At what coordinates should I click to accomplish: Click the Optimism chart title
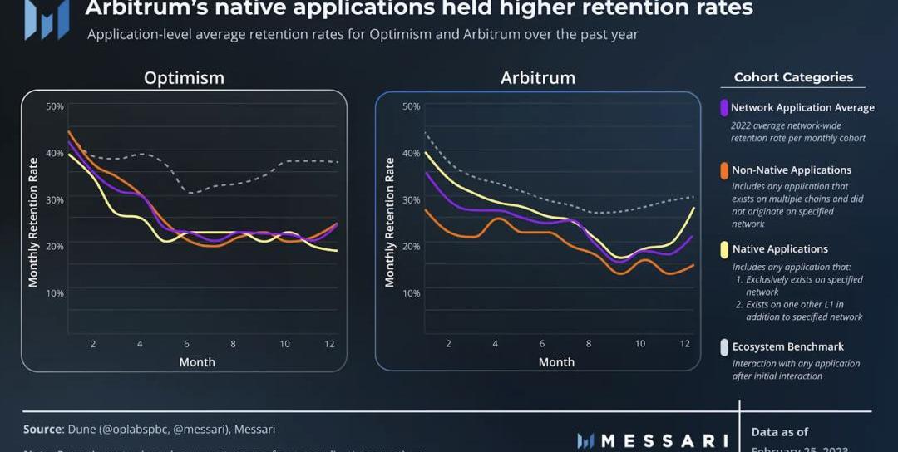[x=184, y=78]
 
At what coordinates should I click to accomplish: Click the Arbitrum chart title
[x=537, y=78]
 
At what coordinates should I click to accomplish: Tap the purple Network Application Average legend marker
[x=724, y=107]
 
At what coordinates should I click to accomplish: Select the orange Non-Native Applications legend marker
[x=724, y=170]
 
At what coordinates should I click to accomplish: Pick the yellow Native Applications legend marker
[x=724, y=249]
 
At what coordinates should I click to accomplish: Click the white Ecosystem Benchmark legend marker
[x=724, y=347]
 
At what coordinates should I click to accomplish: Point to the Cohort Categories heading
[x=793, y=77]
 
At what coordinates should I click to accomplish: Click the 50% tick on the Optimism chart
[x=55, y=106]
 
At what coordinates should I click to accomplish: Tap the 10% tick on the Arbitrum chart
[x=411, y=293]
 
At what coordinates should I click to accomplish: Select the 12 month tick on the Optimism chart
[x=330, y=344]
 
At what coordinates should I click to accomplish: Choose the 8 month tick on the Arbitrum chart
[x=589, y=344]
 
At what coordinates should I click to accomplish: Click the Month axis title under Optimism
[x=197, y=362]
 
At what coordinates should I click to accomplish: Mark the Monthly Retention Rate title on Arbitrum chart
[x=390, y=223]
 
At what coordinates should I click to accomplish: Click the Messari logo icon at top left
[x=46, y=18]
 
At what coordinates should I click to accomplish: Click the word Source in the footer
[x=42, y=430]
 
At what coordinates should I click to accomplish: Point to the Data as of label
[x=781, y=432]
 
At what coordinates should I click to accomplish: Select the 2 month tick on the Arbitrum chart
[x=448, y=344]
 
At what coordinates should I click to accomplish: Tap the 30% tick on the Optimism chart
[x=55, y=199]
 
